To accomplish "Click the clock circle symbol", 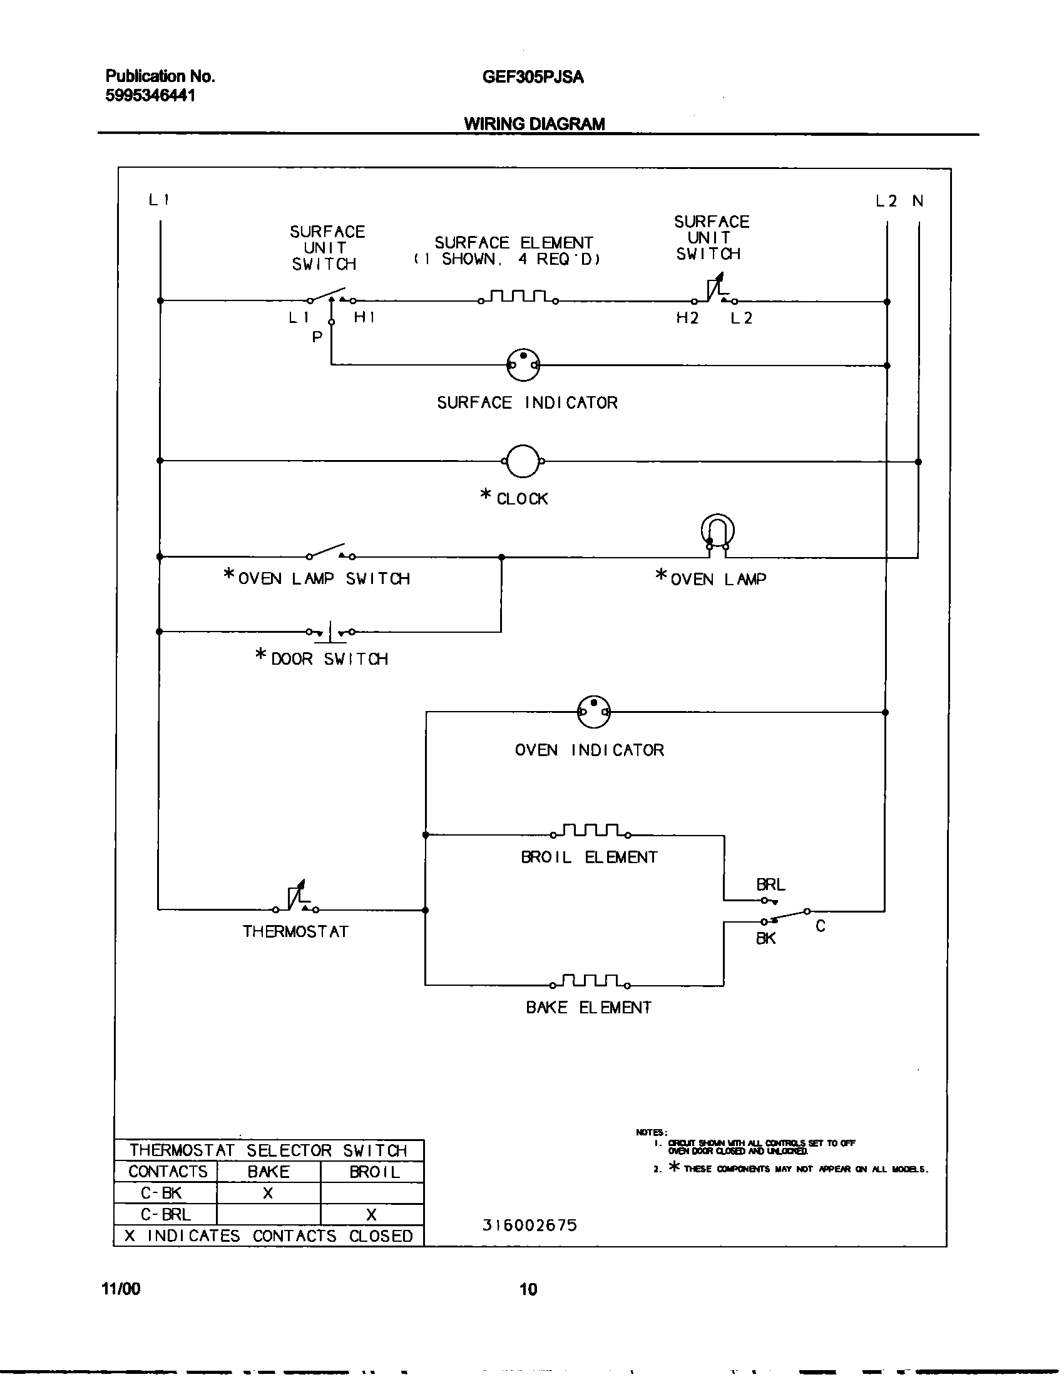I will [x=523, y=461].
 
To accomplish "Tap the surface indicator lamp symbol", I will [x=523, y=364].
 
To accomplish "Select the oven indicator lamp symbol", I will [x=593, y=712].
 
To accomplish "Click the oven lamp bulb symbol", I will [x=717, y=533].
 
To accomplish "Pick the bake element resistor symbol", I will [x=591, y=981].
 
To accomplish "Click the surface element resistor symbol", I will [x=518, y=297].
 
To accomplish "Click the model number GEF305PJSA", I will [x=533, y=77].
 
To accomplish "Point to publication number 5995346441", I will [x=150, y=96].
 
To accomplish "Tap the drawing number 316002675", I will [x=529, y=1225].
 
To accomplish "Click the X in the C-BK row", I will [x=268, y=1193].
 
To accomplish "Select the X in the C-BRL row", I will [x=371, y=1214].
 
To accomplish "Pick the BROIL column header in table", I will [x=374, y=1172].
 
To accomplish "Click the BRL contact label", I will [x=770, y=884].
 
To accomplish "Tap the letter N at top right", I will [x=918, y=201].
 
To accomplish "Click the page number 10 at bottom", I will [x=528, y=1289].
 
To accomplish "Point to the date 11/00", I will [x=120, y=1289].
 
